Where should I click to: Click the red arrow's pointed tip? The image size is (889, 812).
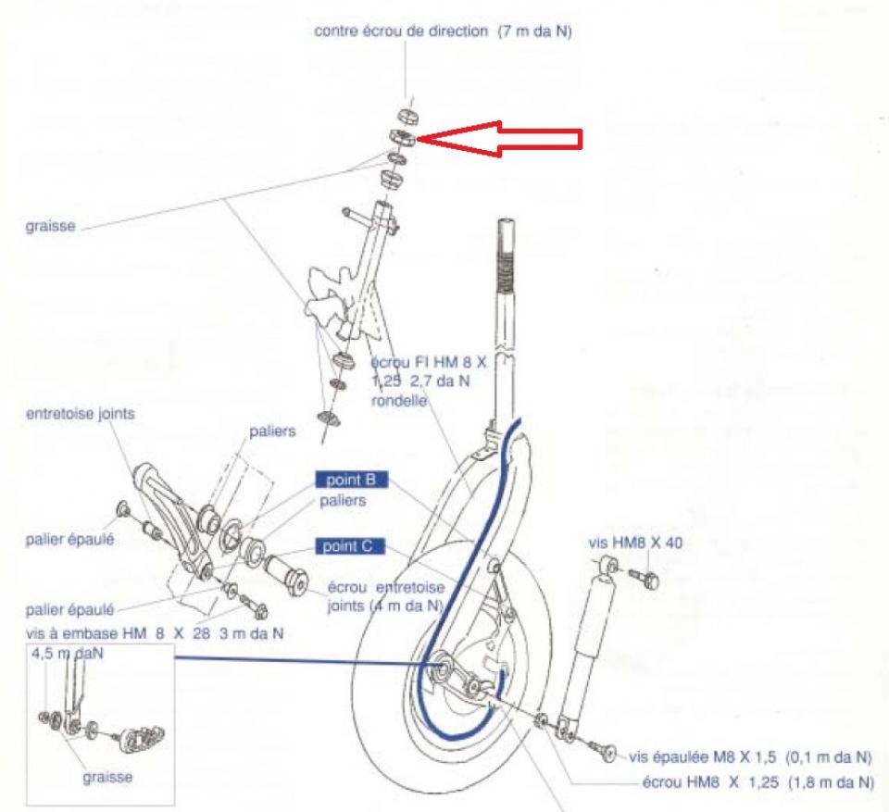click(x=419, y=139)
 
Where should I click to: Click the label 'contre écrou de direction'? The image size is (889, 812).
click(x=401, y=31)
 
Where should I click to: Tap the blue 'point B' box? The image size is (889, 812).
click(x=352, y=481)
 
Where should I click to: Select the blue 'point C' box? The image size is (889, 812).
click(x=349, y=546)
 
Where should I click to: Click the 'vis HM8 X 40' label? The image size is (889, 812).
click(x=635, y=543)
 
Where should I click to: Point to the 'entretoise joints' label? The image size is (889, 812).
click(x=81, y=414)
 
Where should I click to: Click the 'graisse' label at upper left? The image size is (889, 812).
click(x=50, y=226)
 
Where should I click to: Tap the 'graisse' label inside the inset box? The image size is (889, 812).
click(x=107, y=777)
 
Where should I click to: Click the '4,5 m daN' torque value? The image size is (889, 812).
click(x=68, y=654)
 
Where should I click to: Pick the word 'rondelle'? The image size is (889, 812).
click(x=399, y=400)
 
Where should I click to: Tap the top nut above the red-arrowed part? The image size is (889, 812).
click(x=407, y=117)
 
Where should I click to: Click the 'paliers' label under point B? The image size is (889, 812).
click(x=343, y=501)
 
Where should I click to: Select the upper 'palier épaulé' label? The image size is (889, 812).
click(x=69, y=539)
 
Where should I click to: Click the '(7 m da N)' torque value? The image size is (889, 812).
click(x=534, y=31)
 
